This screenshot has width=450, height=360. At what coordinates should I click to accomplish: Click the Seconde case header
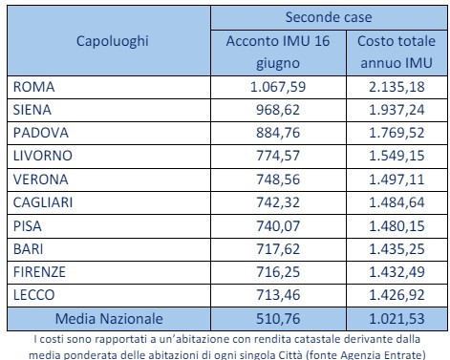tap(330, 17)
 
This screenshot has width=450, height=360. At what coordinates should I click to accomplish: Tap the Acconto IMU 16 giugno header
tap(277, 53)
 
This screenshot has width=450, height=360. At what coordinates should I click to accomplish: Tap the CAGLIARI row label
tap(44, 201)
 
